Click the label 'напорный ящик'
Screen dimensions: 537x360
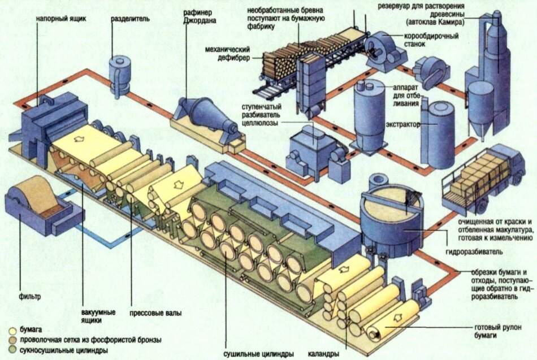coord(61,19)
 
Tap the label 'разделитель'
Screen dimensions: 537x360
coord(130,19)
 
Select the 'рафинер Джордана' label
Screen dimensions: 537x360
coord(200,16)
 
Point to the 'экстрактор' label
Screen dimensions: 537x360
coord(402,125)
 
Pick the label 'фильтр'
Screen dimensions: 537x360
coord(30,296)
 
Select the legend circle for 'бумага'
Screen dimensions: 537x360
coord(12,331)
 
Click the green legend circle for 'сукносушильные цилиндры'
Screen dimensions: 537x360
coord(12,350)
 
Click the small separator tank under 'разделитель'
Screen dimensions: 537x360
coord(119,76)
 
